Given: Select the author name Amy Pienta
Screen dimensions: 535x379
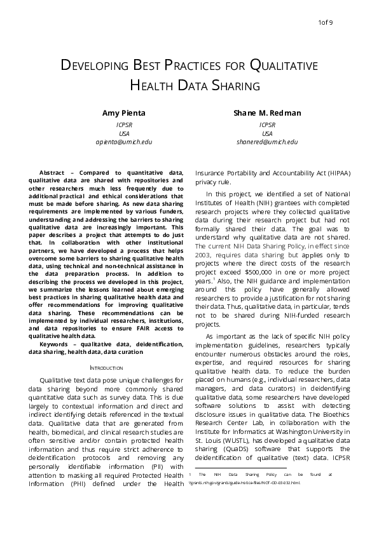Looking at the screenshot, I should click(x=124, y=113).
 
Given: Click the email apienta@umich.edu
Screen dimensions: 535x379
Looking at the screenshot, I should click(x=124, y=142).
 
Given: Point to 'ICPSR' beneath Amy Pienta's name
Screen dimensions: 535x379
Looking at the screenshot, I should click(x=124, y=125).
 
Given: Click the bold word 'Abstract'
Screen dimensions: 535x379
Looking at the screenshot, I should click(x=52, y=173).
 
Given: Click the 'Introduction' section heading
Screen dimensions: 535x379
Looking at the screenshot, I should click(x=106, y=367).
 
